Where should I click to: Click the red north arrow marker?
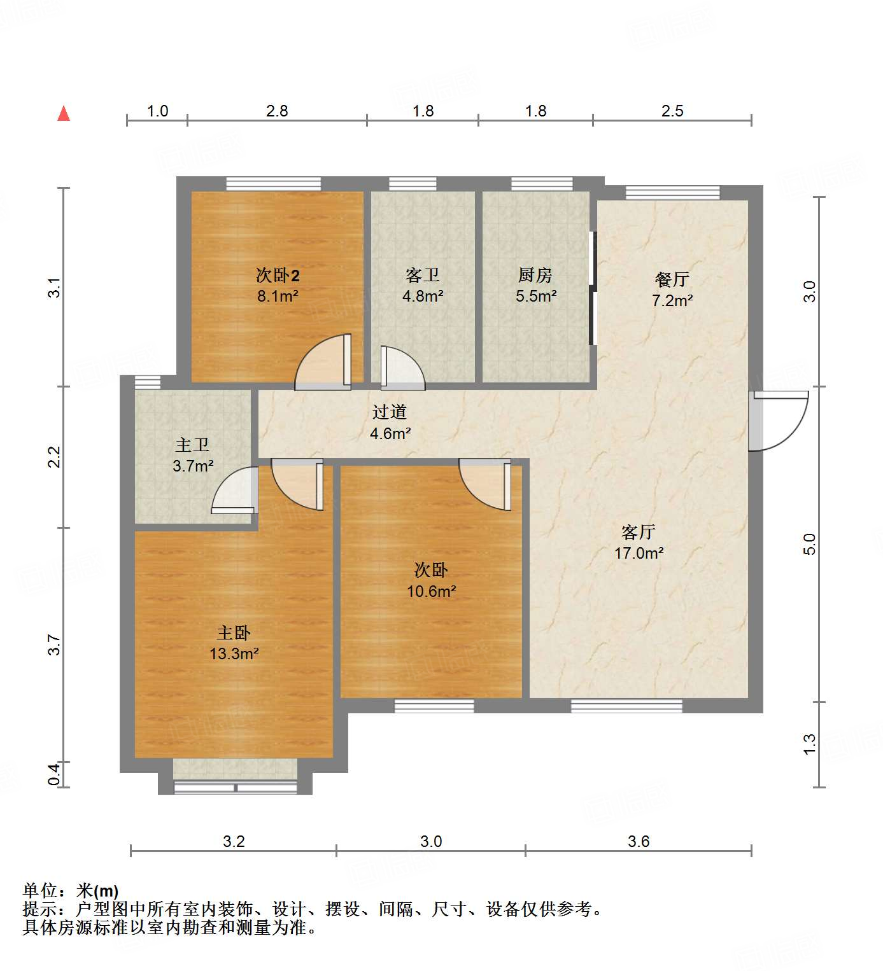point(64,114)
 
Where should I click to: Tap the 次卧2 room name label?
point(278,276)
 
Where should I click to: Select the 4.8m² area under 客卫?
point(423,296)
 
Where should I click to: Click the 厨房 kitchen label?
point(535,276)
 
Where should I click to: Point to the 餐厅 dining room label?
point(672,279)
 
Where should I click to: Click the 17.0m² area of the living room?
point(639,553)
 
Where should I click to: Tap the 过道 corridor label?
point(390,412)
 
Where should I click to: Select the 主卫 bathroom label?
point(192,445)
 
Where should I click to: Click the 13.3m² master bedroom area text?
point(234,653)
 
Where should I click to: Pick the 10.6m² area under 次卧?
point(431,591)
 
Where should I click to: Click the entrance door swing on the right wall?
point(780,420)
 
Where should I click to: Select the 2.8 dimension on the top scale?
point(277,111)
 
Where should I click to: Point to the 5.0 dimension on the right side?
point(809,544)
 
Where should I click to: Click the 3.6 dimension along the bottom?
point(639,841)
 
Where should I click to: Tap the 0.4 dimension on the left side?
point(55,774)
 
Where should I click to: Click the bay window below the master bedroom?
point(236,787)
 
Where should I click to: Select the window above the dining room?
point(672,192)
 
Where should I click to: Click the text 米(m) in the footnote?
point(97,891)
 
